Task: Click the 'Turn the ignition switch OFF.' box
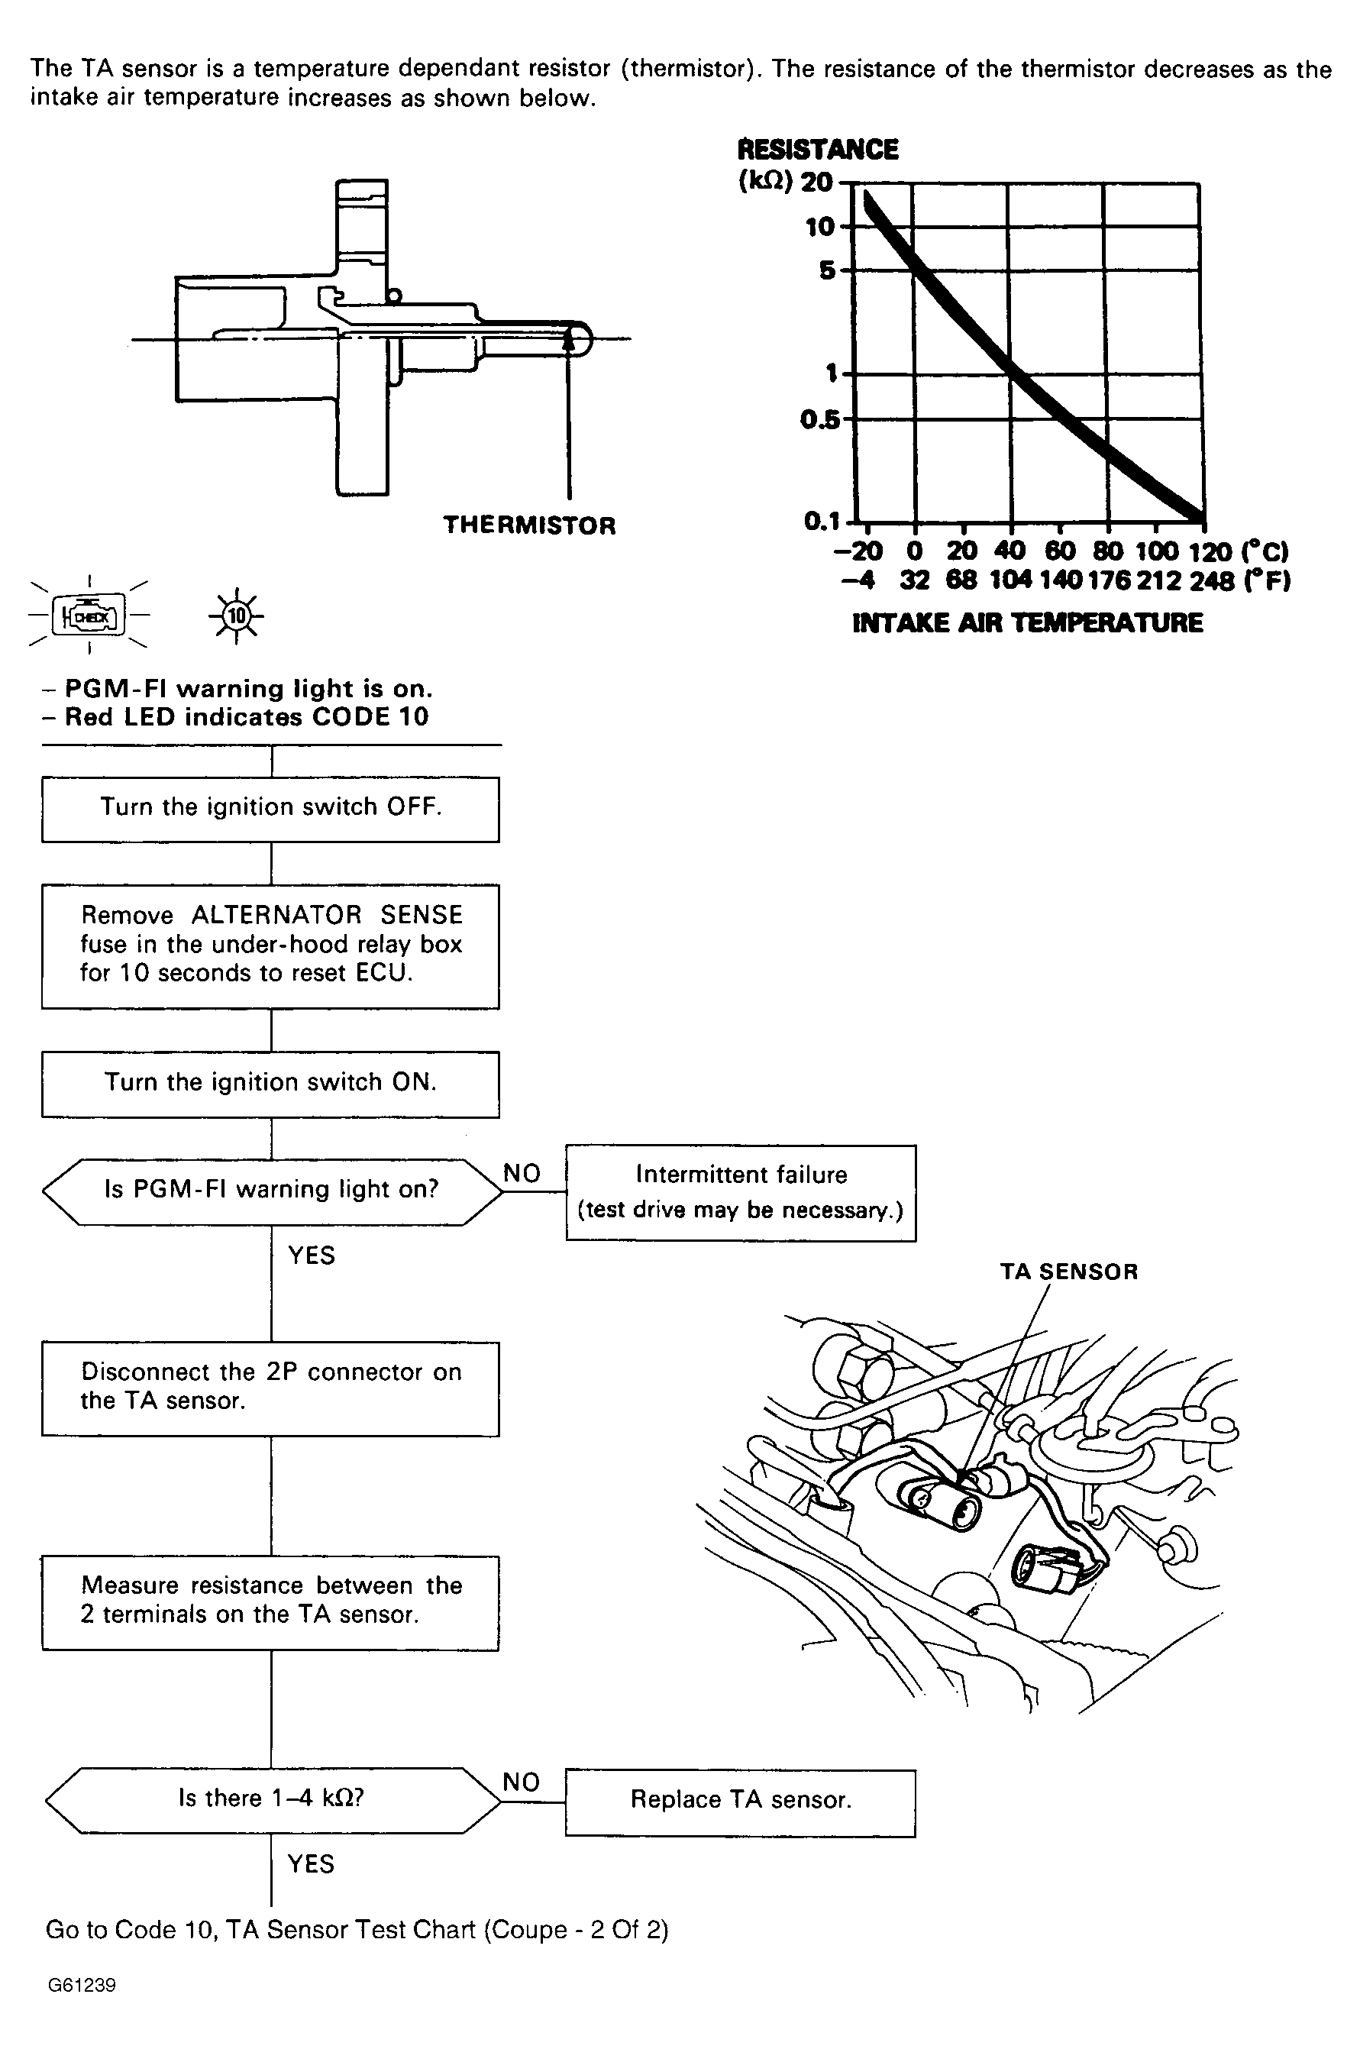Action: tap(270, 809)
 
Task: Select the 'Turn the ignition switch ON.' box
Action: tap(270, 1084)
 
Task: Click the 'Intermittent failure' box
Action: tap(741, 1192)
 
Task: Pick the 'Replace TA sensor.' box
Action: tap(740, 1800)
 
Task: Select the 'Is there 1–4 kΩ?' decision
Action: tap(272, 1799)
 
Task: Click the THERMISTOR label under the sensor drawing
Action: tap(529, 525)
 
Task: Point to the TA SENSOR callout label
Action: tap(1068, 1272)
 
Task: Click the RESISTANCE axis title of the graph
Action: tap(817, 150)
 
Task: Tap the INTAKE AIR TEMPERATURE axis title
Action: tap(1027, 623)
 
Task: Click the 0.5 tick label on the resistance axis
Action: tap(819, 421)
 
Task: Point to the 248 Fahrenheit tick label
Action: tap(1211, 580)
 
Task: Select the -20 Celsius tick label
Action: tap(858, 551)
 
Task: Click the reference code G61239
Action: tap(82, 1986)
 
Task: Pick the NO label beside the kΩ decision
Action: tap(522, 1782)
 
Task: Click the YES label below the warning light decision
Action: tap(312, 1256)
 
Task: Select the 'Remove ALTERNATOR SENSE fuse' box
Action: tap(270, 945)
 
